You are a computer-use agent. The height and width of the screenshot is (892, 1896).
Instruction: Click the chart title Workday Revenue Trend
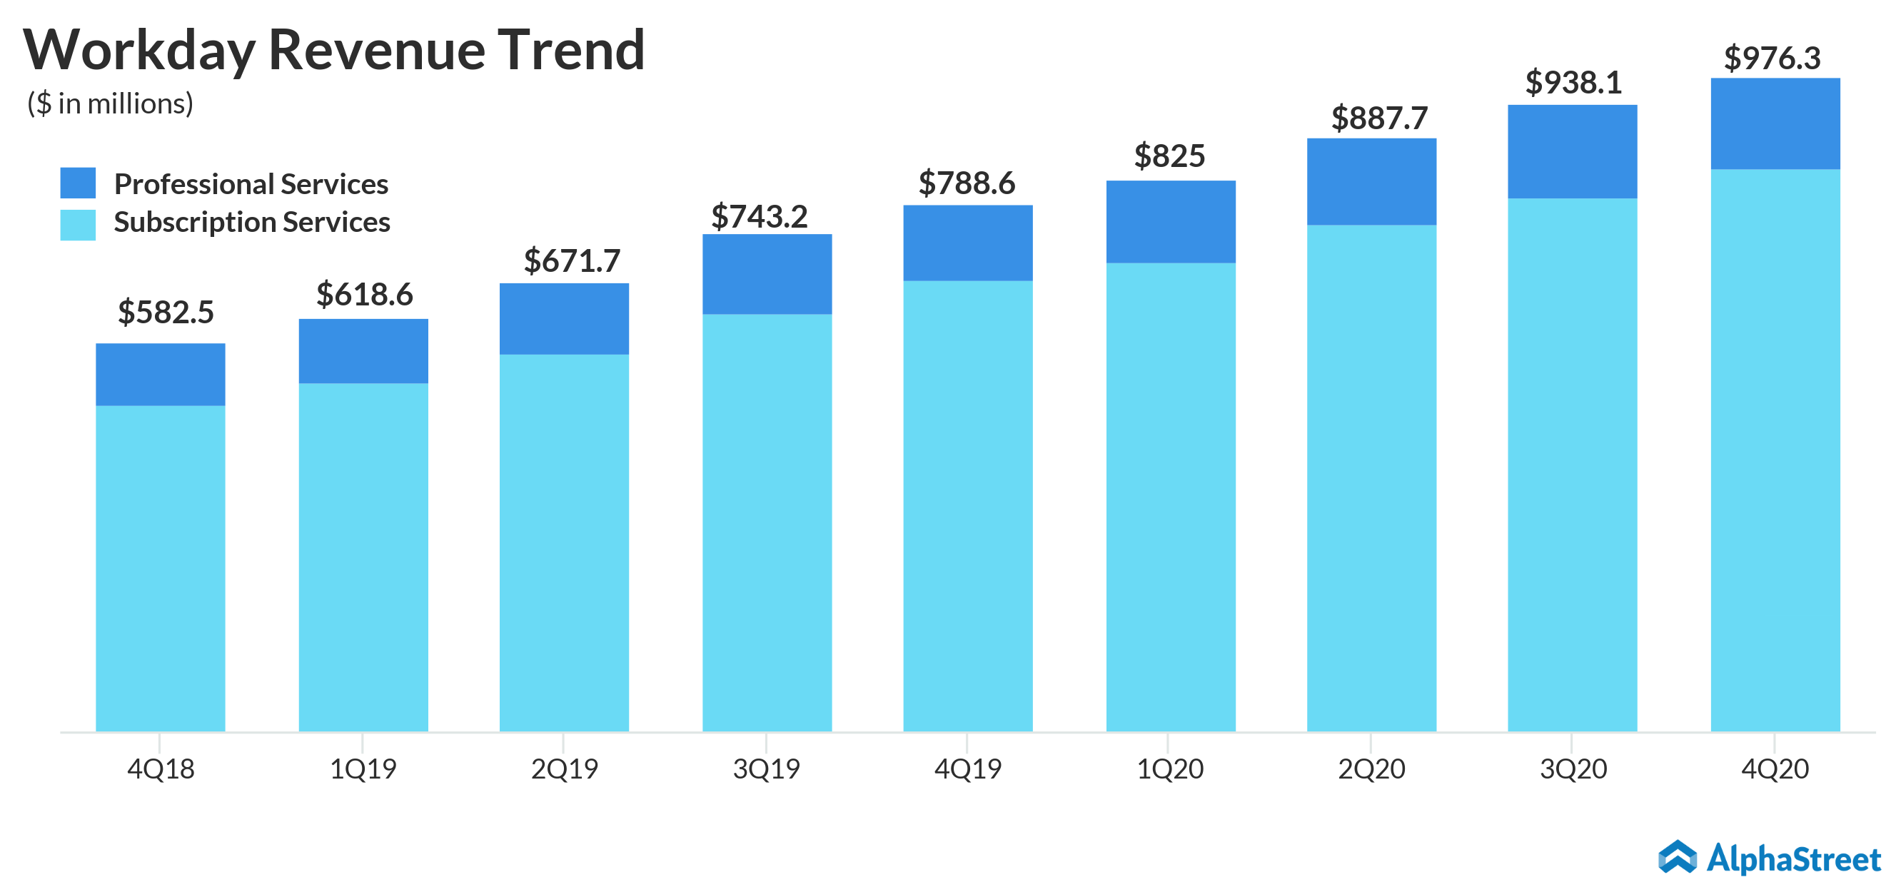tap(333, 50)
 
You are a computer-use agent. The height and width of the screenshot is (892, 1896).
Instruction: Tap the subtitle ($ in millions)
tap(111, 103)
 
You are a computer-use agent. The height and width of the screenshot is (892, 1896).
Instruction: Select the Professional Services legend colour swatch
tap(77, 183)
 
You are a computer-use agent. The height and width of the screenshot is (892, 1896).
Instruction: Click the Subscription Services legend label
tap(252, 222)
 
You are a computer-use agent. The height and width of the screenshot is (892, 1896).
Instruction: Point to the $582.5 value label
tap(166, 312)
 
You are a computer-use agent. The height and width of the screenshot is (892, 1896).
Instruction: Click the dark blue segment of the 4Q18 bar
tap(161, 374)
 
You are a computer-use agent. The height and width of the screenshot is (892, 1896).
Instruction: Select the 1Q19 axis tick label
tap(362, 769)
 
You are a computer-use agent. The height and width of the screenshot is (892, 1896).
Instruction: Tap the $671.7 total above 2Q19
tap(572, 261)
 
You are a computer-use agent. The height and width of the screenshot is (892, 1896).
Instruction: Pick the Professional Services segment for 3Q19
tap(767, 274)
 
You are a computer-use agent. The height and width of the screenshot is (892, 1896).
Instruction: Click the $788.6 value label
tap(967, 183)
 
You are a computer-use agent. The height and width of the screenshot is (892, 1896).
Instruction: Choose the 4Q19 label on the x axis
tap(967, 769)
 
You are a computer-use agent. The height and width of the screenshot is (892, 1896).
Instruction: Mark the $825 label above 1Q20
tap(1169, 156)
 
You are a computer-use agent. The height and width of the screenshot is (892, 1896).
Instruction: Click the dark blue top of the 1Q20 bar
tap(1170, 221)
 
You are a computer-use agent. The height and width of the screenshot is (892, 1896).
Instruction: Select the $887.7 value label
tap(1379, 118)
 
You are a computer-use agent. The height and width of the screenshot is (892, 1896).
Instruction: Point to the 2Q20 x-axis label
tap(1371, 769)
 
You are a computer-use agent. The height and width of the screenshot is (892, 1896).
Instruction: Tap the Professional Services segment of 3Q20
tap(1572, 151)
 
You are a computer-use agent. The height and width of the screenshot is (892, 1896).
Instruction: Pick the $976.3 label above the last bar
tap(1772, 58)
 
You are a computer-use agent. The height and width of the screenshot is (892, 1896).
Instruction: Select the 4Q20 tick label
tap(1775, 769)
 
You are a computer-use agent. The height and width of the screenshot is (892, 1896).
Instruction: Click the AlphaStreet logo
tap(1770, 858)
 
